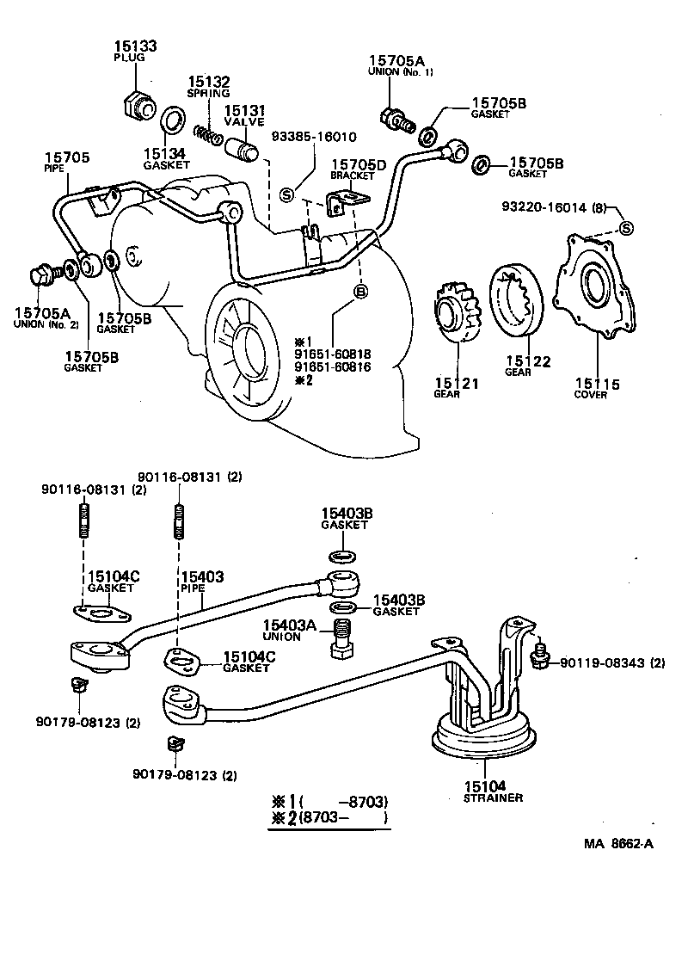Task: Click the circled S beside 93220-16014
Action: coord(626,228)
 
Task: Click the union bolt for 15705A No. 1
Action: coord(396,120)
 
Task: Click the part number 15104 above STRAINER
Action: coord(486,785)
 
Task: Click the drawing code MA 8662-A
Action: coord(618,842)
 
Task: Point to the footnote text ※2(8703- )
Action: coord(330,818)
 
